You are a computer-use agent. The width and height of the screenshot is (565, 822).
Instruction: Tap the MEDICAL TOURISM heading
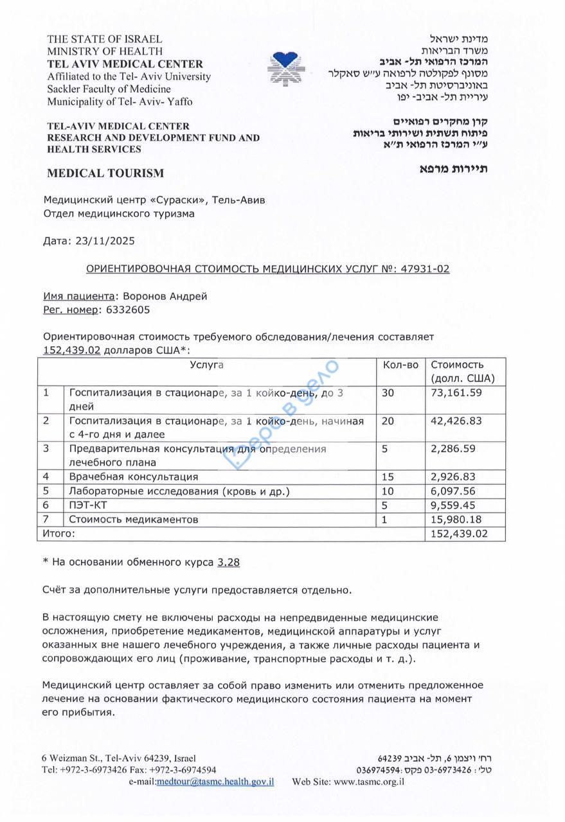tap(105, 173)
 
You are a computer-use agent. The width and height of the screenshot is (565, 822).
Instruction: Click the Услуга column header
tap(206, 365)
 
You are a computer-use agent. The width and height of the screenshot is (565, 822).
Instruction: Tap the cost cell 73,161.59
tap(456, 393)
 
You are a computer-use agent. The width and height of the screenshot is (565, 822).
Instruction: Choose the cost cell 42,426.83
tap(456, 421)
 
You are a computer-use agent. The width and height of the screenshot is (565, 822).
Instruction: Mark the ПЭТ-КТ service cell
tap(84, 505)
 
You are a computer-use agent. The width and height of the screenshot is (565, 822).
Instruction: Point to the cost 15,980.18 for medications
tap(456, 519)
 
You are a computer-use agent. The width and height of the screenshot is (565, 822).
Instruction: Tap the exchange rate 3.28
tap(229, 562)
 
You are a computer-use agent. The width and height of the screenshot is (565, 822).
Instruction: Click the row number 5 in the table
tap(46, 491)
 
